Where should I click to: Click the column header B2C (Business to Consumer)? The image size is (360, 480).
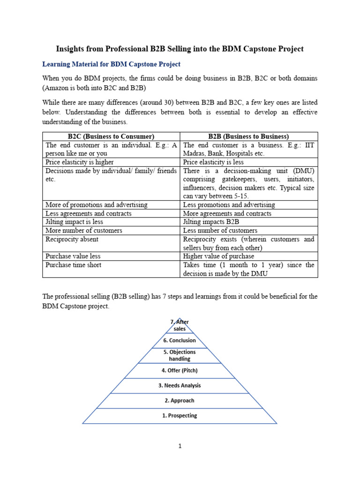coord(111,136)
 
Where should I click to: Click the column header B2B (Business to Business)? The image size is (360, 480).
coord(248,136)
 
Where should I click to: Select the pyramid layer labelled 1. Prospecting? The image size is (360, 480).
coord(180,415)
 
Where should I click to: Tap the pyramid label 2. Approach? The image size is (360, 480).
coord(180,400)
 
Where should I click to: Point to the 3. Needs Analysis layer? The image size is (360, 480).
coord(180,385)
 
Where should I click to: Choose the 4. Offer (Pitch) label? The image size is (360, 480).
coord(180,370)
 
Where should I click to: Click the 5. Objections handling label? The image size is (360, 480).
coord(180,355)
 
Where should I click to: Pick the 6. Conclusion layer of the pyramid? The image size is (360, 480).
coord(180,340)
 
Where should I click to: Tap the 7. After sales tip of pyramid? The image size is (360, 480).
coord(180,325)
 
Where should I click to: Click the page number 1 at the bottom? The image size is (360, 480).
coord(180,446)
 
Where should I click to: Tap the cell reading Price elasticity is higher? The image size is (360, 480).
coord(80,162)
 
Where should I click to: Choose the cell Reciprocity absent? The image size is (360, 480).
coord(72,239)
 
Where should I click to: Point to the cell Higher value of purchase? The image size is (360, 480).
coord(218,256)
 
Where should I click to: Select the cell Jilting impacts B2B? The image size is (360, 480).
coord(214,222)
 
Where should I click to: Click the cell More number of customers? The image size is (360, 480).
coord(84,231)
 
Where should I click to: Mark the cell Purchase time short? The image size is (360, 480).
coord(74,265)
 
